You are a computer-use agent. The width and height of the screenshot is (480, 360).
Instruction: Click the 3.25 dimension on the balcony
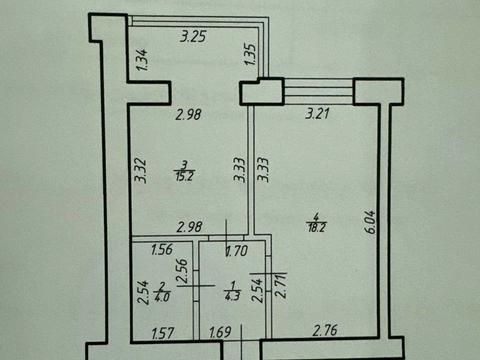coord(192,37)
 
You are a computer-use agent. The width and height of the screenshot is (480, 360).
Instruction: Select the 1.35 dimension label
coord(251,57)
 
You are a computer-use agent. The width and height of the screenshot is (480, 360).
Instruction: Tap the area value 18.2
coord(318,227)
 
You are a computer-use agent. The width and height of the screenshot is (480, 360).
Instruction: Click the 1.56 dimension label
coord(161,250)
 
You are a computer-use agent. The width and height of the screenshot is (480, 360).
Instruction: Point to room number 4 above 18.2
coord(318,215)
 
